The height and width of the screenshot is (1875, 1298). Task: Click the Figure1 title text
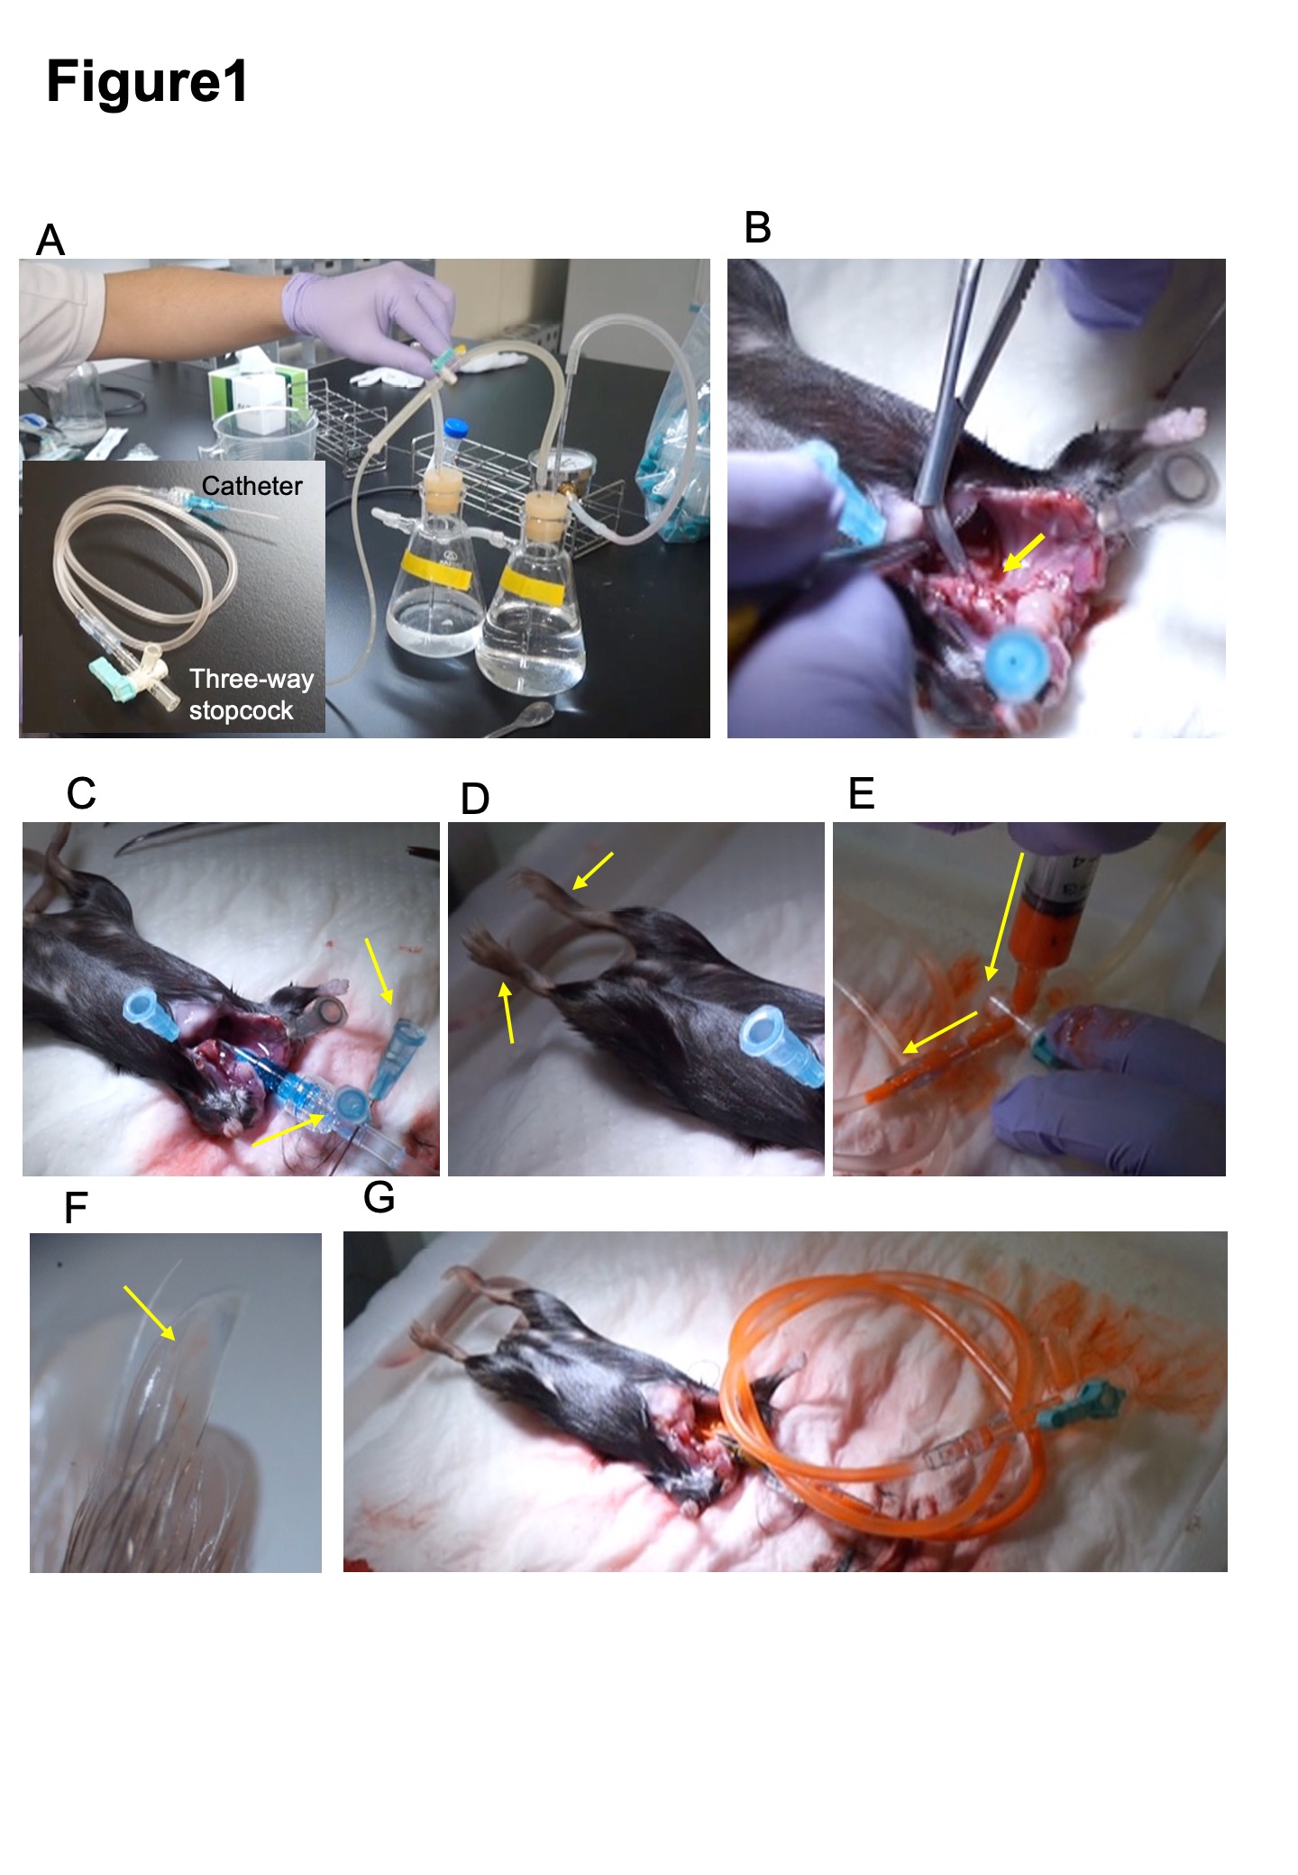147,82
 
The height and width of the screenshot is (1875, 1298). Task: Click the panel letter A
50,241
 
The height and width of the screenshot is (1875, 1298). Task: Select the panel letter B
757,227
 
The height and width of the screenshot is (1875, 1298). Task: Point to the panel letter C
81,793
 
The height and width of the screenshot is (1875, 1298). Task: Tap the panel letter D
475,799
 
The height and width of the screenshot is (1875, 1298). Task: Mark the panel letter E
862,793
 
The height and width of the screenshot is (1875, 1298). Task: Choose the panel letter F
76,1208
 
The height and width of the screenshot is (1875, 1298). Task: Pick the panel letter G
379,1197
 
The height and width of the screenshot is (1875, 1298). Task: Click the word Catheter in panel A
252,486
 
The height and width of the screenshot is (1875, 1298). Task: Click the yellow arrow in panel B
1024,552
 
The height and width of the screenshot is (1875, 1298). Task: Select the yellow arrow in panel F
150,1313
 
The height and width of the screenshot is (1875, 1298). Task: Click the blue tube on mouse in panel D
782,1046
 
